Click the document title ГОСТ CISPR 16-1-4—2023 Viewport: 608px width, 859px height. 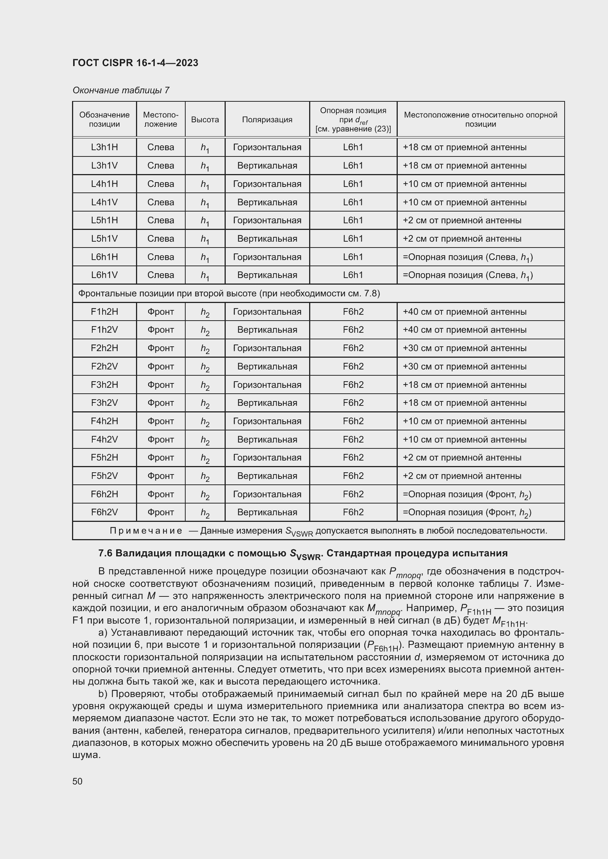pyautogui.click(x=135, y=63)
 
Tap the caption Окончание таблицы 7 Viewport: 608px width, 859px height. pyautogui.click(x=121, y=90)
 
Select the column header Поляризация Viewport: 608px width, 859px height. pyautogui.click(x=267, y=120)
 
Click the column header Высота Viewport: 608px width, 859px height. pyautogui.click(x=205, y=120)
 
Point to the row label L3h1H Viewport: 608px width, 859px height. pyautogui.click(x=104, y=147)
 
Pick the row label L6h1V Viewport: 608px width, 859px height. pyautogui.click(x=104, y=275)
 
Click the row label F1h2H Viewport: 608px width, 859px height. pyautogui.click(x=104, y=312)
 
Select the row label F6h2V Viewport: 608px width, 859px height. pyautogui.click(x=104, y=512)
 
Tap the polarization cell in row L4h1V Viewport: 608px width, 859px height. pyautogui.click(x=267, y=202)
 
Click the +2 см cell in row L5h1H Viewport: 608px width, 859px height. pyautogui.click(x=462, y=220)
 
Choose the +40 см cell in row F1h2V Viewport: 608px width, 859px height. pyautogui.click(x=464, y=330)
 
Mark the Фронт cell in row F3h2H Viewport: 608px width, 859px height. pyautogui.click(x=161, y=385)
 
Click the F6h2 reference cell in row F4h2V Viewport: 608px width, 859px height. pyautogui.click(x=353, y=440)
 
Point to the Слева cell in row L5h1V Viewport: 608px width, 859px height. pyautogui.click(x=161, y=239)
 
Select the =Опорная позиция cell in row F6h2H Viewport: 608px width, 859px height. pyautogui.click(x=466, y=494)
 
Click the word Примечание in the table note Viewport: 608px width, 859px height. pyautogui.click(x=146, y=531)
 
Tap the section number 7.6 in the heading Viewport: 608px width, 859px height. pyautogui.click(x=105, y=553)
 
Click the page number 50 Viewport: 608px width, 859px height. pyautogui.click(x=78, y=781)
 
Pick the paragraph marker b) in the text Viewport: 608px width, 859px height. pyautogui.click(x=103, y=694)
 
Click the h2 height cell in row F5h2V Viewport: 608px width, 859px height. pyautogui.click(x=205, y=476)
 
